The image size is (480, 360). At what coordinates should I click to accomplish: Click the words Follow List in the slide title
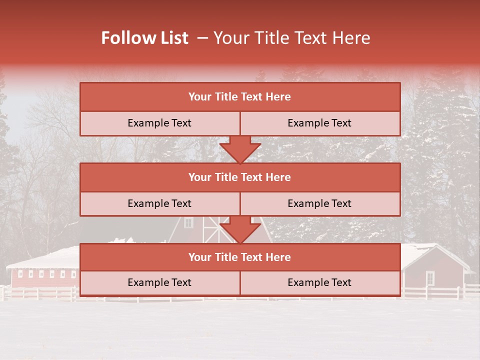(x=145, y=38)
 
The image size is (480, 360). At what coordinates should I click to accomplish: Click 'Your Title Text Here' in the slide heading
(x=291, y=38)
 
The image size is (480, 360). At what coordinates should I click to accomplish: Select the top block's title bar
(x=240, y=97)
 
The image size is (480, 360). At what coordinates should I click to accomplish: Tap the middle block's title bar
(x=240, y=177)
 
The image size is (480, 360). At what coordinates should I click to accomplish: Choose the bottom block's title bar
(x=240, y=257)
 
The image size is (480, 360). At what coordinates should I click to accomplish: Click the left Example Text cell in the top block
(x=159, y=123)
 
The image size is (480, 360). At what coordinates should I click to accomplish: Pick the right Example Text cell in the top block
(x=320, y=123)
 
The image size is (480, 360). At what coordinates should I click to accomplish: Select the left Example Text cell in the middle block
(x=159, y=203)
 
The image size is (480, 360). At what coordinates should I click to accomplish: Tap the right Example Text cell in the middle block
(x=320, y=203)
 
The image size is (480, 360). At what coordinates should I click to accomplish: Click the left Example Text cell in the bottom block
(x=159, y=283)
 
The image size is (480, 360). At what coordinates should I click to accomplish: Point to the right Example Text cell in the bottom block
(x=320, y=283)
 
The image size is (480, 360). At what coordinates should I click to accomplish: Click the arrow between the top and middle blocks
(x=240, y=149)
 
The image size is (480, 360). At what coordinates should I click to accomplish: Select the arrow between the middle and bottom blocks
(x=240, y=230)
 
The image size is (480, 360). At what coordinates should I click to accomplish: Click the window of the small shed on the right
(x=430, y=277)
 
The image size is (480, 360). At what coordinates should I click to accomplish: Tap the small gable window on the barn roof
(x=188, y=222)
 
